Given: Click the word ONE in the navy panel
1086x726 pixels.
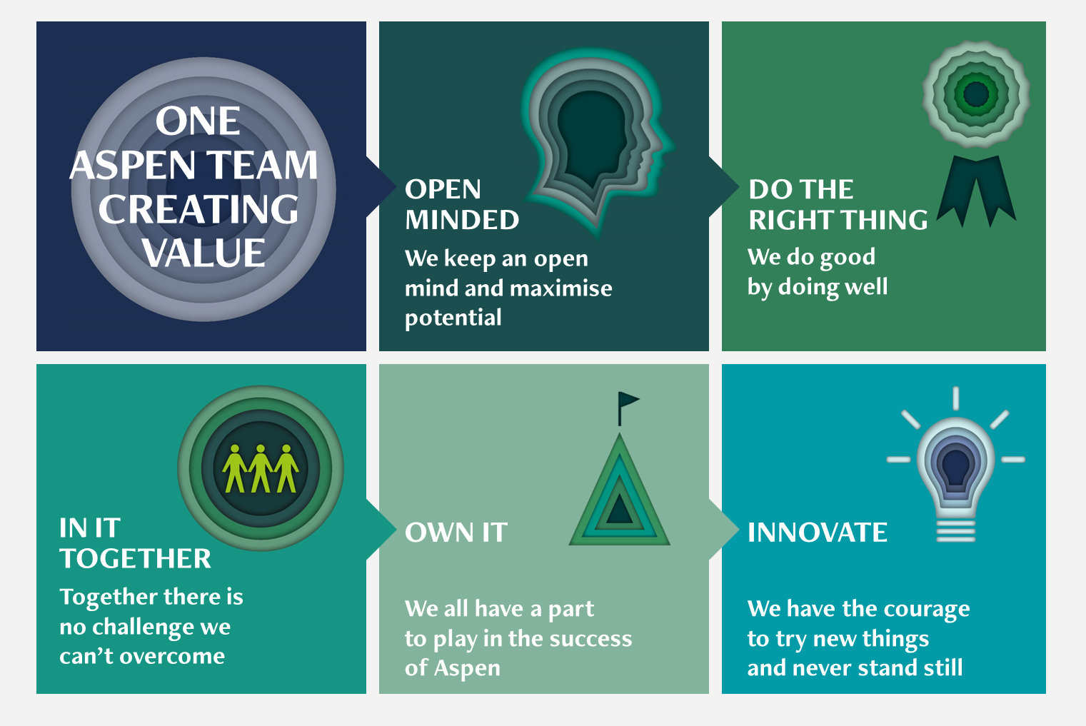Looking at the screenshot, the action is pyautogui.click(x=198, y=121).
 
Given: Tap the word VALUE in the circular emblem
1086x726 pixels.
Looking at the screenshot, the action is pyautogui.click(x=203, y=253).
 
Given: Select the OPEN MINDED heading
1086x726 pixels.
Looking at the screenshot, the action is pyautogui.click(x=461, y=204).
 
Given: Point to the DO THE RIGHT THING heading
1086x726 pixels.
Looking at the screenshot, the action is pyautogui.click(x=838, y=204).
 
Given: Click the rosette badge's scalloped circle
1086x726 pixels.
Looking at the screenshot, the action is pyautogui.click(x=976, y=94).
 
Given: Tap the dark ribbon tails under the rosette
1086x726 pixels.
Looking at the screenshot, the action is pyautogui.click(x=976, y=191).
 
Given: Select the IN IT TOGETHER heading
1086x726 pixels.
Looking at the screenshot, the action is pyautogui.click(x=135, y=543).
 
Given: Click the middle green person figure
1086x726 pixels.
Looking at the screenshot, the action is pyautogui.click(x=261, y=469).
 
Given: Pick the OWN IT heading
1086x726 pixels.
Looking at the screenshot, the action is pyautogui.click(x=456, y=532).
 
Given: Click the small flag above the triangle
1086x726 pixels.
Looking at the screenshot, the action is pyautogui.click(x=628, y=408).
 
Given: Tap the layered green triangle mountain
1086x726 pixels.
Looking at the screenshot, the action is pyautogui.click(x=620, y=490).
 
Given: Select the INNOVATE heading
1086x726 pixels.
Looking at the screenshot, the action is pyautogui.click(x=818, y=532).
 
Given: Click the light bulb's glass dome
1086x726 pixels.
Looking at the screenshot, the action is pyautogui.click(x=955, y=468).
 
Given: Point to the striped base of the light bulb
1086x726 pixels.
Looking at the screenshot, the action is pyautogui.click(x=955, y=531).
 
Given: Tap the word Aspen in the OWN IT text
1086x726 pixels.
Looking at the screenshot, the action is pyautogui.click(x=467, y=669).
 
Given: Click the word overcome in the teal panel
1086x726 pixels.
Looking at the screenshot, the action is pyautogui.click(x=172, y=657).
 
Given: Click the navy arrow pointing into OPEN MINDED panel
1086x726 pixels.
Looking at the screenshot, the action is pyautogui.click(x=381, y=186).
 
